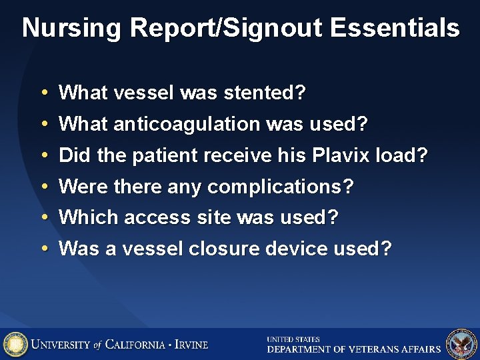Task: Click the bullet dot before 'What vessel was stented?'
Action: (x=43, y=93)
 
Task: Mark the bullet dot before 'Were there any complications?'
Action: (x=43, y=187)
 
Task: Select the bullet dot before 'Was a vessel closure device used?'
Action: (x=43, y=249)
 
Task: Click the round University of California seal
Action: (x=15, y=344)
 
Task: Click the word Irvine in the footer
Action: (x=191, y=345)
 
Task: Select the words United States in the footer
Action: (x=293, y=339)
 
